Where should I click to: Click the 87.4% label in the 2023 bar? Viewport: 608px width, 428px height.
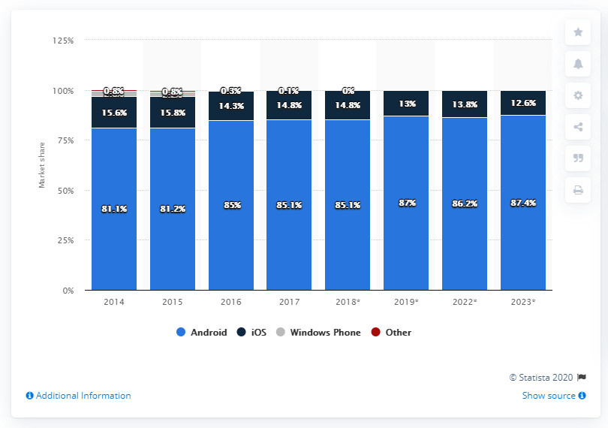(522, 203)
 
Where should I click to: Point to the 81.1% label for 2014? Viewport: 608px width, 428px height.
(114, 208)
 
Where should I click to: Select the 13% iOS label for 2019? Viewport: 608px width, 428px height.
(406, 104)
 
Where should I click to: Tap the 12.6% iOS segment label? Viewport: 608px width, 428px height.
(522, 103)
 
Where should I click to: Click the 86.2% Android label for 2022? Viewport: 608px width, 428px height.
(465, 203)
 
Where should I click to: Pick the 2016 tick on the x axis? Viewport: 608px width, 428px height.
(230, 303)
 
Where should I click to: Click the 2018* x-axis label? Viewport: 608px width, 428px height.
(348, 303)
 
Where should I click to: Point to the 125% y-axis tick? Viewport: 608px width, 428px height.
(63, 41)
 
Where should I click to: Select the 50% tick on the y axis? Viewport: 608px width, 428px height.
(65, 191)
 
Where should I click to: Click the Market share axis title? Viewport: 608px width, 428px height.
(42, 165)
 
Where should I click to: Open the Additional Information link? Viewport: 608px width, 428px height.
(78, 396)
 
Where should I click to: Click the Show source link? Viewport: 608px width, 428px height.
(549, 396)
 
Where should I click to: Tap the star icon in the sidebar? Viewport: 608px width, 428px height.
(577, 32)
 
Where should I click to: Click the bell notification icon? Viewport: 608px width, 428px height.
(577, 64)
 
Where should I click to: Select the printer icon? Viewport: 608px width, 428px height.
(577, 190)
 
